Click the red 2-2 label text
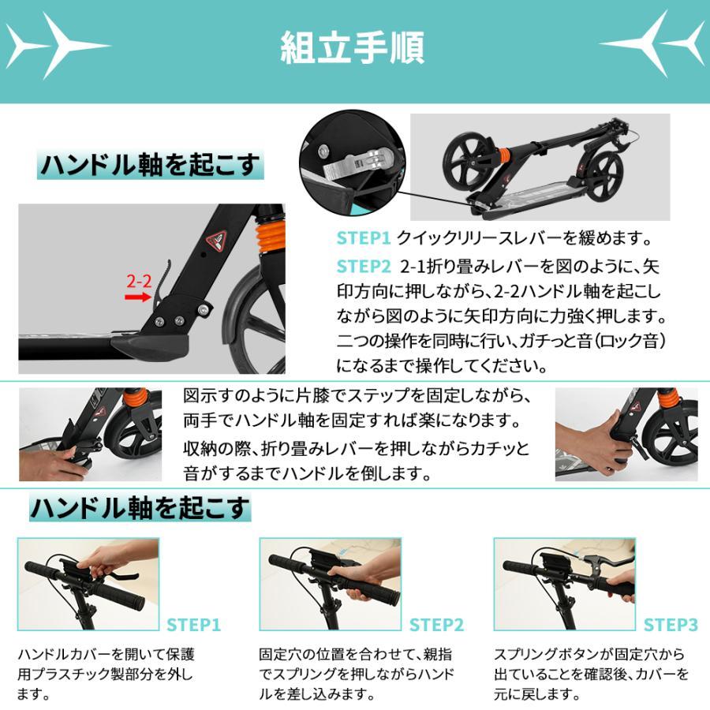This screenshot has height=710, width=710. [139, 280]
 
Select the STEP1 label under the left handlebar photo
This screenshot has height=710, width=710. [192, 626]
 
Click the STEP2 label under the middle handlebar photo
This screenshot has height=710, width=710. [436, 626]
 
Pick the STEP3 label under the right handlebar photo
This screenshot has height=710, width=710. [671, 626]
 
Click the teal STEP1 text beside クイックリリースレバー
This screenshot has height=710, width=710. [364, 237]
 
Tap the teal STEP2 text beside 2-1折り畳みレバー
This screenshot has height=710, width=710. [364, 265]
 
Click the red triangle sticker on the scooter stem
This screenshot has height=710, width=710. [216, 240]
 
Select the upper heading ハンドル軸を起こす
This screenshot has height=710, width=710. [150, 166]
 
